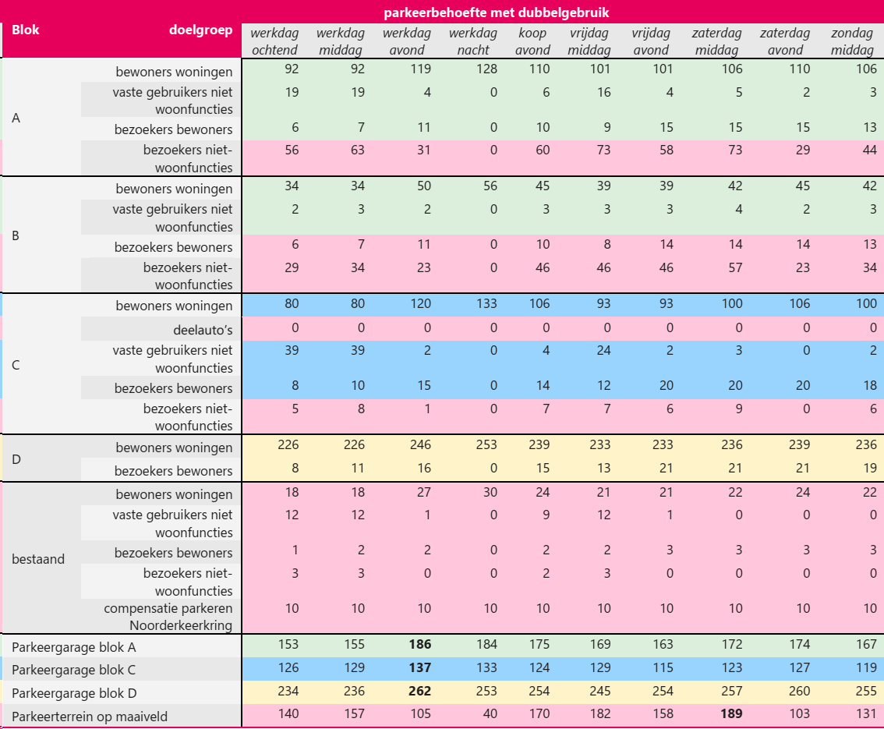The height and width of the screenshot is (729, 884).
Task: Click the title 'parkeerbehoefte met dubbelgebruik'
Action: click(x=497, y=12)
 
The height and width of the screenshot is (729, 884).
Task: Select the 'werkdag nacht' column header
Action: click(x=472, y=41)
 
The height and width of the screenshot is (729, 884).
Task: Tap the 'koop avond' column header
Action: click(x=532, y=41)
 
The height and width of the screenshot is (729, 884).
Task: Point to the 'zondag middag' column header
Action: click(x=852, y=41)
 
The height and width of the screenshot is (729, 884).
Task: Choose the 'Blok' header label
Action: click(x=26, y=30)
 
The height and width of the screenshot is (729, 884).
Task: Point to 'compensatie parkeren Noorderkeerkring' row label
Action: click(x=168, y=617)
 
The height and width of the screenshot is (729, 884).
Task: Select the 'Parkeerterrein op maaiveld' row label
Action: click(x=90, y=717)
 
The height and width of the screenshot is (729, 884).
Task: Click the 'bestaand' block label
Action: click(x=38, y=558)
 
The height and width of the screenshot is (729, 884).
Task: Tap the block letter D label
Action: click(x=17, y=458)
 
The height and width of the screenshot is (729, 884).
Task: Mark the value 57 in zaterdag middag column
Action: click(x=734, y=267)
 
